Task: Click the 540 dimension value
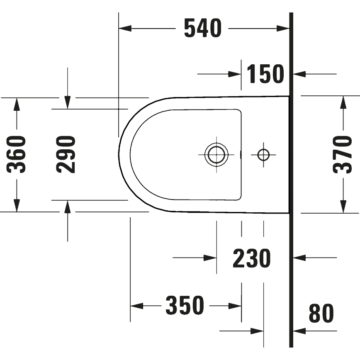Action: tap(203, 29)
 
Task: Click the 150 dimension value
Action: tap(265, 74)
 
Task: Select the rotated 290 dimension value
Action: tap(66, 154)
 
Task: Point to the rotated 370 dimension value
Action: tap(343, 154)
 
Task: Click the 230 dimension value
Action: tap(251, 258)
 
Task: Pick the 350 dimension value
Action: tap(185, 306)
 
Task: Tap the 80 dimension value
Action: tap(321, 314)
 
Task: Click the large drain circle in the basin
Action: tap(217, 155)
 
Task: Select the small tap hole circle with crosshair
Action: tap(263, 155)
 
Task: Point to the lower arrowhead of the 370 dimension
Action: tap(343, 207)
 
